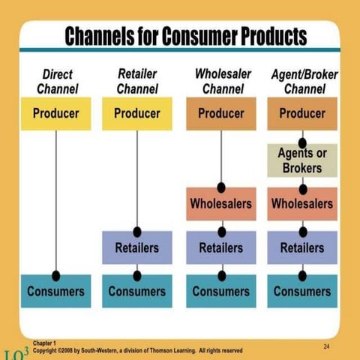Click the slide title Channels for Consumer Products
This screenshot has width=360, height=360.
coord(185,35)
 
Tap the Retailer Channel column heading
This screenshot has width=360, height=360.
coord(137,82)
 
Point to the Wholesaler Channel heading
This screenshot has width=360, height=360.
coord(222,82)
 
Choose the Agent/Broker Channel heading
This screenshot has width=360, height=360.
coord(303,82)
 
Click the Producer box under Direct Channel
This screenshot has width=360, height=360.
coord(56,114)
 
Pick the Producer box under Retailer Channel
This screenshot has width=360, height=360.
coord(136,114)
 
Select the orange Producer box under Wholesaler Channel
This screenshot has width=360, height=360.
coord(221,114)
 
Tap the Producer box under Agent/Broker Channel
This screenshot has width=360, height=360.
coord(302,114)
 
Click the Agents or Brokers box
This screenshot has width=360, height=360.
coord(302,160)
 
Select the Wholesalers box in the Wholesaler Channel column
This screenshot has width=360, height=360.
coord(221,203)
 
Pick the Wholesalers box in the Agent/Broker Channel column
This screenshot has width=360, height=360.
coord(302,203)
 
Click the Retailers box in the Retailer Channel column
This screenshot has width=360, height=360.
coord(136,247)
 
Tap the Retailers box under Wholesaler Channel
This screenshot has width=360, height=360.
coord(221,247)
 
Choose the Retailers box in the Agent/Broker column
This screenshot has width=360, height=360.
coord(302,247)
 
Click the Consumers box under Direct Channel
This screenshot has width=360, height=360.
coord(56,291)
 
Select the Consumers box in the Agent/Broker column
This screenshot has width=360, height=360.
coord(302,291)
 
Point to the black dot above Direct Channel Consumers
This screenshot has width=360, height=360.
coord(56,275)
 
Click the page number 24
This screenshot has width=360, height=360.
coord(326,345)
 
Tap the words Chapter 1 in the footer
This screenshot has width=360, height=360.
coord(45,342)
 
